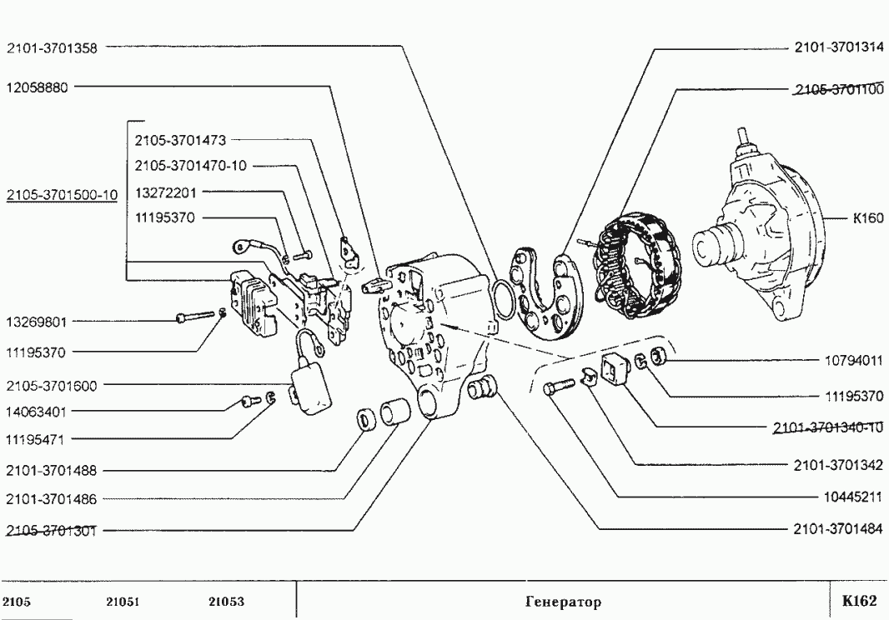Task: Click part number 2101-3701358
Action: tap(52, 48)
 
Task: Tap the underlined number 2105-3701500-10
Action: tap(62, 195)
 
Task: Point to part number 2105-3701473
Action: tap(179, 140)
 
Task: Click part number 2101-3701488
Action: tap(52, 471)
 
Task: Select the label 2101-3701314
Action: tap(838, 48)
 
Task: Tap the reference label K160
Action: tap(867, 220)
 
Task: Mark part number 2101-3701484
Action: tap(838, 528)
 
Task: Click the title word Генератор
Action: tap(563, 602)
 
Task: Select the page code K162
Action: tap(859, 601)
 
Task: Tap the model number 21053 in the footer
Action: tap(226, 602)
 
